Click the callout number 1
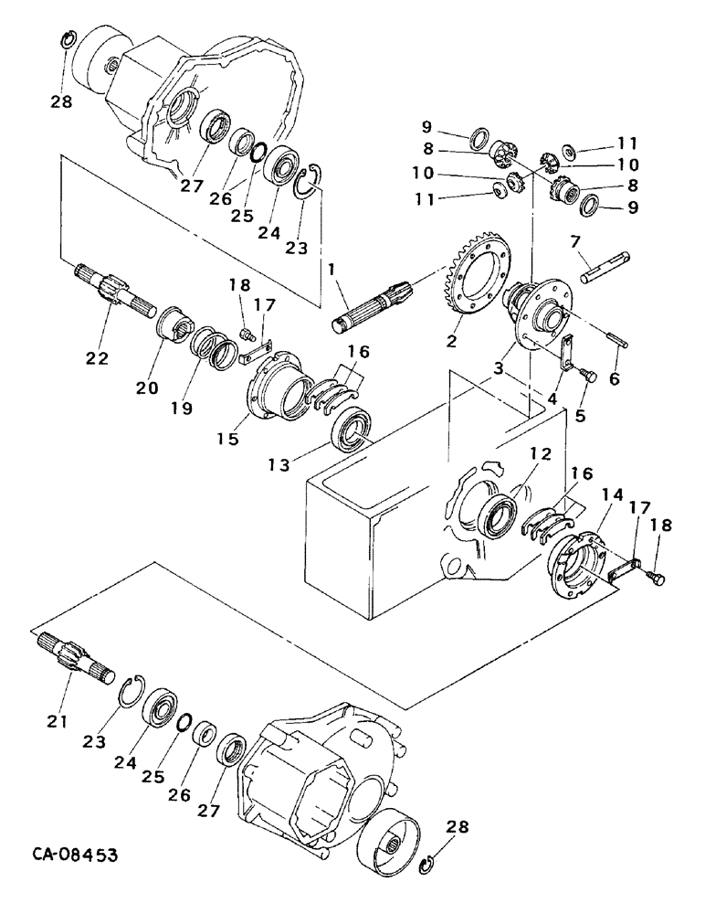[x=334, y=271]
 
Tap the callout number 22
[x=98, y=358]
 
